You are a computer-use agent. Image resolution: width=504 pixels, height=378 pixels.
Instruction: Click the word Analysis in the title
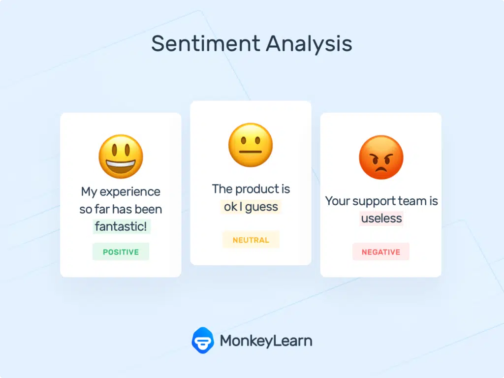click(309, 44)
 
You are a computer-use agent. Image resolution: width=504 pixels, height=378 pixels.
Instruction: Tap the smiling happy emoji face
click(121, 157)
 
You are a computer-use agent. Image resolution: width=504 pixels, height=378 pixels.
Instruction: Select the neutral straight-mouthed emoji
click(251, 145)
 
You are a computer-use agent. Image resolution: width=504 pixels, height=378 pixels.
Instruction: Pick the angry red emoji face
click(381, 157)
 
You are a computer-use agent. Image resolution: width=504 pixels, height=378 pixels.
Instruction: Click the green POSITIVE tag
click(121, 252)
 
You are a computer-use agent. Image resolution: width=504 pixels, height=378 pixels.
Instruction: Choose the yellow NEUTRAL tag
click(251, 240)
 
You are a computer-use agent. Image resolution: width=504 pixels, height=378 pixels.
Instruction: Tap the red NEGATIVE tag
click(381, 252)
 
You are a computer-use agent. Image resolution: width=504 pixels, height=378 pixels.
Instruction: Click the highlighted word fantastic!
click(121, 226)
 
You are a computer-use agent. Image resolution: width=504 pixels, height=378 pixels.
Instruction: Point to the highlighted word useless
click(381, 218)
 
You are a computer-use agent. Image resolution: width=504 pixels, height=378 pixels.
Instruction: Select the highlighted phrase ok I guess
click(251, 207)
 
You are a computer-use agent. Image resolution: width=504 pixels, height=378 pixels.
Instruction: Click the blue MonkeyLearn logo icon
click(202, 340)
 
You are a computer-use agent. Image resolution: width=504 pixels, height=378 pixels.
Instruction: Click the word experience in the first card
click(130, 191)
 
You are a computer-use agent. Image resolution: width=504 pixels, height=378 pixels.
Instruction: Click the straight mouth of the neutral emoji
click(251, 152)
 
